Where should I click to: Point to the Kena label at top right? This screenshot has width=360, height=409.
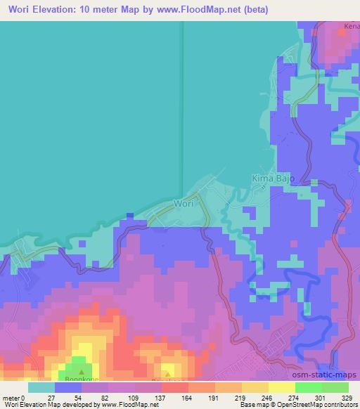coord(350,28)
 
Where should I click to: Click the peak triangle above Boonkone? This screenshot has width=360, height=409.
coord(82,371)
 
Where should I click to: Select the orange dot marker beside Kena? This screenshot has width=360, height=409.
coord(342,39)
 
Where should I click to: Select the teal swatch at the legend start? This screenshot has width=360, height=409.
coord(41,387)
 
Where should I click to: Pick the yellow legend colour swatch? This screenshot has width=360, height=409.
coord(281,387)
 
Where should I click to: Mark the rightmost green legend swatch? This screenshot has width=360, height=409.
coord(335,387)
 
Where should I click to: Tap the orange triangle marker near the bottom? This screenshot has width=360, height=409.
coord(167,373)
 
